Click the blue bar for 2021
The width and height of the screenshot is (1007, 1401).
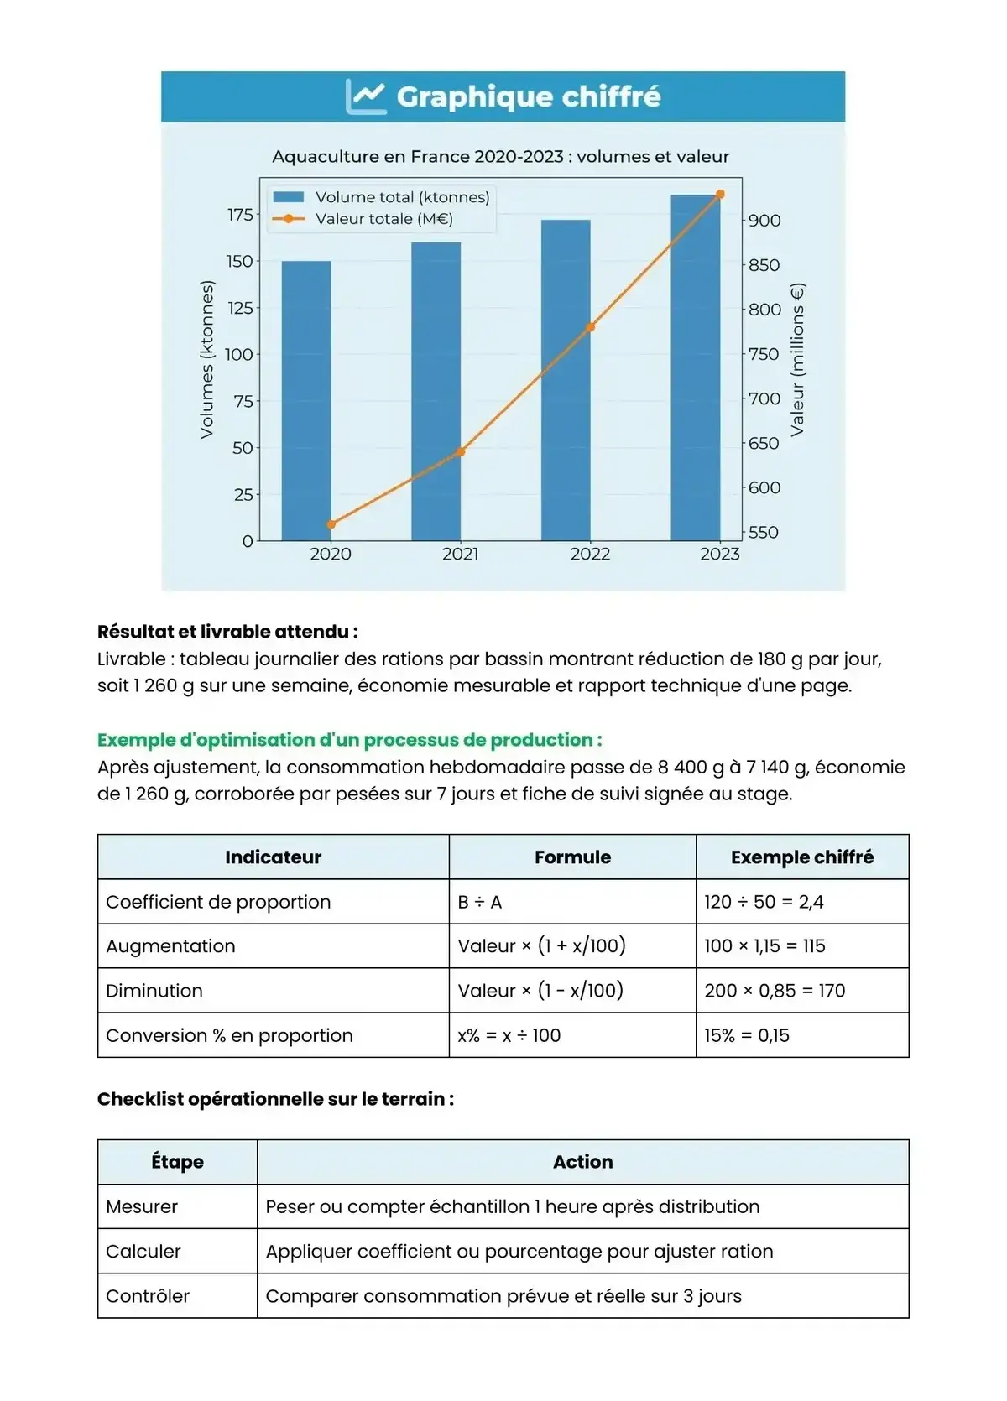436,391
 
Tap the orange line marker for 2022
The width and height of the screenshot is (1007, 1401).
590,327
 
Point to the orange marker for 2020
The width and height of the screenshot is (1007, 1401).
331,524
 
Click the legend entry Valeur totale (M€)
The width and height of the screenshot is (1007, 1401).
383,219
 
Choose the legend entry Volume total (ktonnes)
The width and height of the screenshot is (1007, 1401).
402,197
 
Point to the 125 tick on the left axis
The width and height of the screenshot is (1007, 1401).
240,308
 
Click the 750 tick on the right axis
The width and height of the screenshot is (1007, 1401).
764,354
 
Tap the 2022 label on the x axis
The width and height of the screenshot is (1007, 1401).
590,554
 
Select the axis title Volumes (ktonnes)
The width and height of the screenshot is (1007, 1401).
207,359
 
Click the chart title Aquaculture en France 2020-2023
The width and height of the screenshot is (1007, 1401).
500,156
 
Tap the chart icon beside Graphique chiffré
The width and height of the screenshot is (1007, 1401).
366,96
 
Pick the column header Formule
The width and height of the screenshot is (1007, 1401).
572,857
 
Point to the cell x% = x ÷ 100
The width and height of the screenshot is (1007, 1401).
509,1035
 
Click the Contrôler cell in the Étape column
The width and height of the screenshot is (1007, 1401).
148,1296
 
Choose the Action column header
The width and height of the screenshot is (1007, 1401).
582,1162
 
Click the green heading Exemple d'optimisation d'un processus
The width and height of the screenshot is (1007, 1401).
349,740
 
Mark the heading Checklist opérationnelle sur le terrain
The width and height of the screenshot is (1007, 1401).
275,1099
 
